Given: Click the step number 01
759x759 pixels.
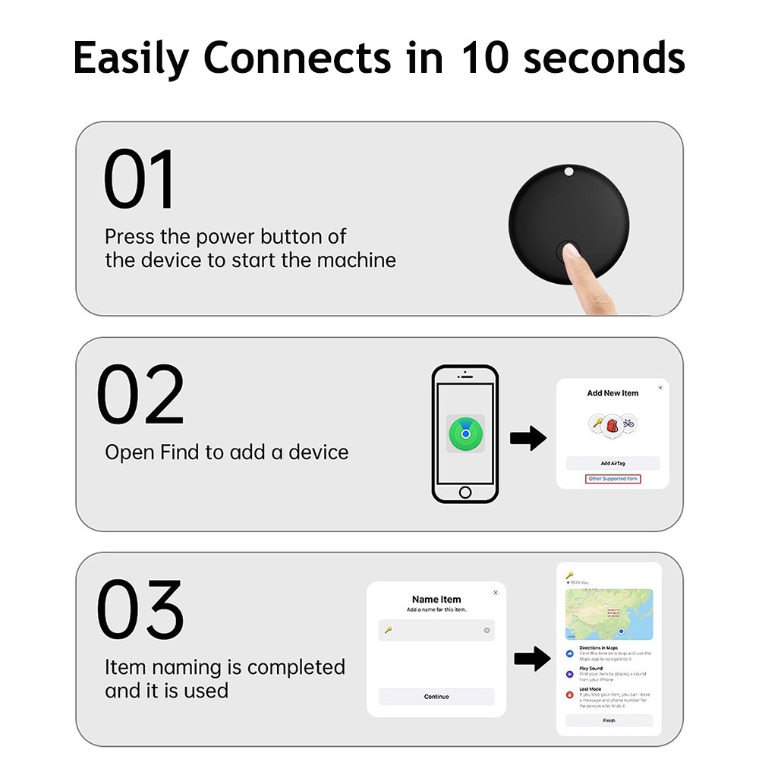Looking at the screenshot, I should coord(139,180).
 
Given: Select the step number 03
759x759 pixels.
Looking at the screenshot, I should coord(140,610).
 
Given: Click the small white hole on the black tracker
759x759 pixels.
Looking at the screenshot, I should coord(568,172).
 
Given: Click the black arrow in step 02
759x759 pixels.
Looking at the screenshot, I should coord(528,438).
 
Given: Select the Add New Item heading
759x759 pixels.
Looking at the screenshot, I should coord(613,393).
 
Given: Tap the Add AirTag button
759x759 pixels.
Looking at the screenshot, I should coord(613,463).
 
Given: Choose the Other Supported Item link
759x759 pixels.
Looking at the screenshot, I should coord(613,479).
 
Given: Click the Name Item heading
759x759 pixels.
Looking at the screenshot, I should coord(436,600).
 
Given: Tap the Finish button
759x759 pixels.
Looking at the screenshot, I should coord(609,720).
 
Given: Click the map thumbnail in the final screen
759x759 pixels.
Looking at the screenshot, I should coord(609,613).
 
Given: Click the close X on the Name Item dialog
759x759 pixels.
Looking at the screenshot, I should coord(496,592).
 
